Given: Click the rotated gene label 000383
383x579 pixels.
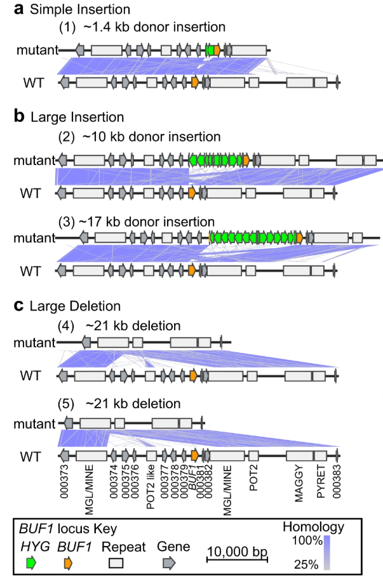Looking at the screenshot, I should click(x=337, y=486).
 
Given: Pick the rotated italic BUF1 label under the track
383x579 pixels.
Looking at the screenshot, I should click(x=191, y=482).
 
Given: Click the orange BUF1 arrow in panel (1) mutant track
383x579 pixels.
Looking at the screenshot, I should click(x=217, y=50).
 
